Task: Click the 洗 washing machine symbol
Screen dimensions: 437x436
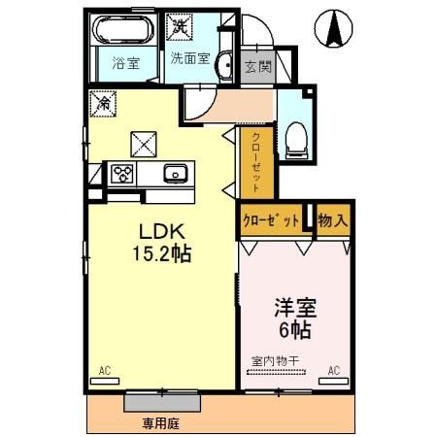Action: pos(179,21)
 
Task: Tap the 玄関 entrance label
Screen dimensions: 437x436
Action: pos(257,67)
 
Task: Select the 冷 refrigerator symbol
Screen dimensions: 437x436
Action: pos(103,100)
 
